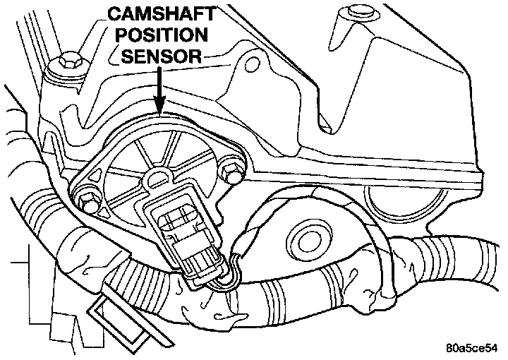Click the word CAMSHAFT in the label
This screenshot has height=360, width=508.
pos(161,14)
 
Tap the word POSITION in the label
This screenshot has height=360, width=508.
pos(161,35)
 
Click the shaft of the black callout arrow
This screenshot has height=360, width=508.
pos(161,85)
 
